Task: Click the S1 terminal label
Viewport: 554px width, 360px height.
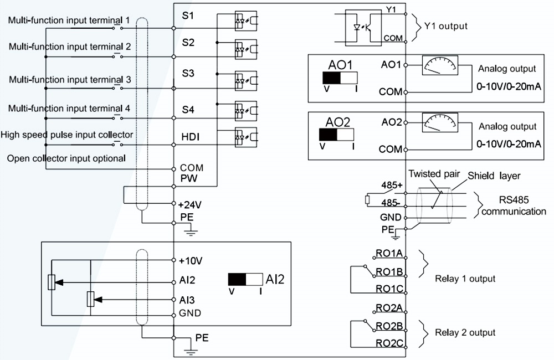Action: [188, 16]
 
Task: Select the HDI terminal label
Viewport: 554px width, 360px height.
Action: [191, 136]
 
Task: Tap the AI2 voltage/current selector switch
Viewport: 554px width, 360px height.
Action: [245, 279]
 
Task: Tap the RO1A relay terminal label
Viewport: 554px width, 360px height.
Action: [389, 254]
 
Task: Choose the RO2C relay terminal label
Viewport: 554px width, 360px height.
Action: [389, 343]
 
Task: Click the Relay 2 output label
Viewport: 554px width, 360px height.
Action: [465, 332]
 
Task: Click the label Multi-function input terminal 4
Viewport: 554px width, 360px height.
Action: [69, 108]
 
